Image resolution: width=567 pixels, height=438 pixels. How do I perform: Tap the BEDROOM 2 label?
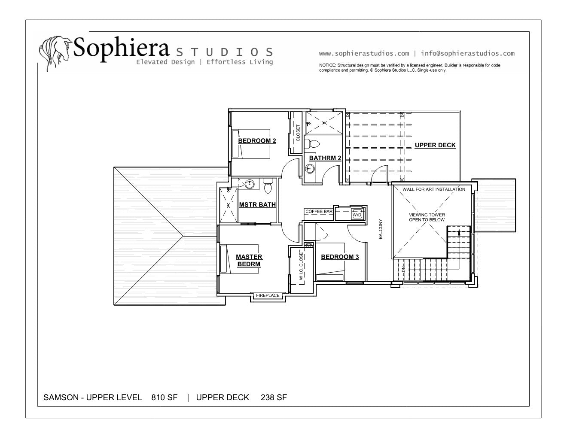[x=257, y=141]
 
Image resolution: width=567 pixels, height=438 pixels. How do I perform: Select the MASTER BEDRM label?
[x=249, y=260]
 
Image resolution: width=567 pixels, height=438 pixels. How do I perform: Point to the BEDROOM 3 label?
[x=340, y=257]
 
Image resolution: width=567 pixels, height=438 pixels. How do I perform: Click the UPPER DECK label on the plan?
[x=435, y=145]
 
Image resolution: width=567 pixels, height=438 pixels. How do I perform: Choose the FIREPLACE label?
[x=268, y=295]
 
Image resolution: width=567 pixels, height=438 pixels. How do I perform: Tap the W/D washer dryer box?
[x=357, y=214]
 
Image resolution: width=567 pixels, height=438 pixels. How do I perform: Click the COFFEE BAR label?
[x=319, y=211]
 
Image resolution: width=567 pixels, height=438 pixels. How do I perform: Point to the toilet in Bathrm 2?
[x=312, y=144]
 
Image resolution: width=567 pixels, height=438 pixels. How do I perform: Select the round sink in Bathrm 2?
[x=310, y=168]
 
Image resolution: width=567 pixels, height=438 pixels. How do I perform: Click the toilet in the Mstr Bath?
[x=268, y=186]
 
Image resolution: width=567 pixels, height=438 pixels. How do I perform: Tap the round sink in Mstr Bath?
[x=250, y=184]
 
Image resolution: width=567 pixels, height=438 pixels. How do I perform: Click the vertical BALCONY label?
[x=381, y=229]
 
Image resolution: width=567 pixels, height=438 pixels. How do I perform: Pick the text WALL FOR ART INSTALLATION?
[x=434, y=189]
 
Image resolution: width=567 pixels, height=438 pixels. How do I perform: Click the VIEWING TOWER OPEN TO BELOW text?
[x=427, y=217]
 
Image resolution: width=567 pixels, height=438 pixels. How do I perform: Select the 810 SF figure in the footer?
[x=165, y=397]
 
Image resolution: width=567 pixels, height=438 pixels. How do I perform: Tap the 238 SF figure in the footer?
[x=274, y=397]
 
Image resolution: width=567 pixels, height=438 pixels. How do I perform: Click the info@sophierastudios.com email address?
[x=468, y=54]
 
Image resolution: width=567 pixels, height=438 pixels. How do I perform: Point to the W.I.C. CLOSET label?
[x=301, y=265]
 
